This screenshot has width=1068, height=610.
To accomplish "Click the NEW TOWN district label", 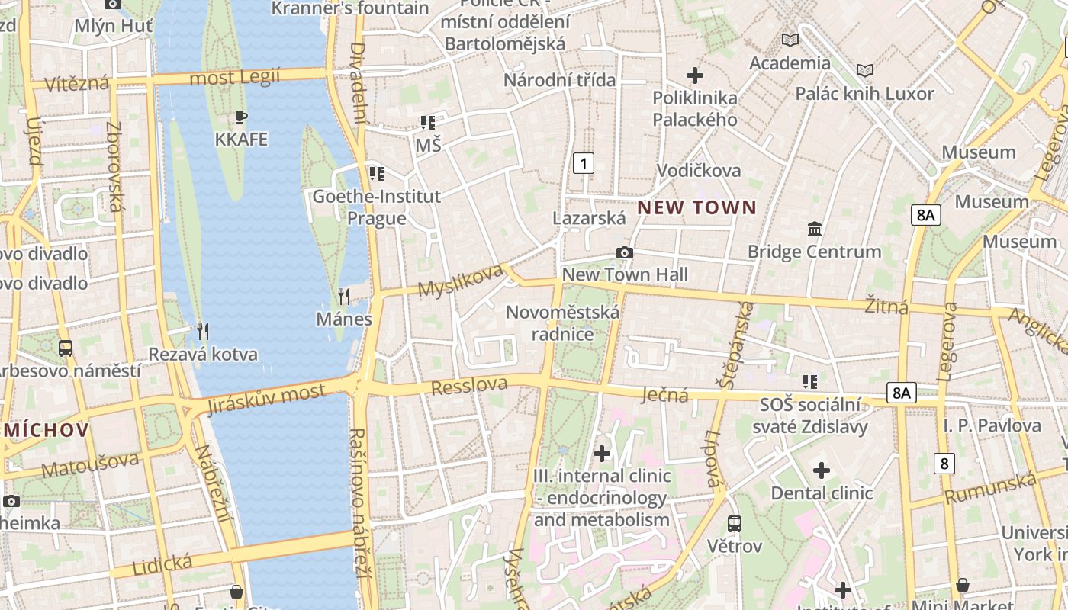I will pyautogui.click(x=696, y=207).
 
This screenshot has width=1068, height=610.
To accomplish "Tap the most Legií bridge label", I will pyautogui.click(x=234, y=77).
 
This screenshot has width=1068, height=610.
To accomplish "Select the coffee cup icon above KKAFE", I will pyautogui.click(x=241, y=117).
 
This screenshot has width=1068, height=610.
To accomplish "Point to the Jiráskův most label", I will pyautogui.click(x=266, y=398).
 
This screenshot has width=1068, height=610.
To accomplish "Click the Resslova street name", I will pyautogui.click(x=468, y=386).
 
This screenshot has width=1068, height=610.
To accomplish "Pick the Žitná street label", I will pyautogui.click(x=886, y=307).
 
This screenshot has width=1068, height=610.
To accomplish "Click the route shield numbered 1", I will pyautogui.click(x=584, y=162).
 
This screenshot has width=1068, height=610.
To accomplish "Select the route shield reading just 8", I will pyautogui.click(x=944, y=463).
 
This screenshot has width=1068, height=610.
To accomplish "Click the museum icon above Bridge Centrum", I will pyautogui.click(x=814, y=229).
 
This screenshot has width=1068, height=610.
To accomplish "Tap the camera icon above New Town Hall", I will pyautogui.click(x=625, y=253).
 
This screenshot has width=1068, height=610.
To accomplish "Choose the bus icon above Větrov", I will pyautogui.click(x=734, y=524).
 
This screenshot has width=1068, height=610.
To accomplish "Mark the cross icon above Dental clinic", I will pyautogui.click(x=821, y=470).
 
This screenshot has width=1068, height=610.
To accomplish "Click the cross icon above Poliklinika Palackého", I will pyautogui.click(x=694, y=75).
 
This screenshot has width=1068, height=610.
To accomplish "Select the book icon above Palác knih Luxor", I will pyautogui.click(x=864, y=71).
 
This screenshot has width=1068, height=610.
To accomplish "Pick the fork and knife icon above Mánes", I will pyautogui.click(x=344, y=297).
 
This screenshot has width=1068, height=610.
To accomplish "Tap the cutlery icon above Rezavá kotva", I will pyautogui.click(x=202, y=332).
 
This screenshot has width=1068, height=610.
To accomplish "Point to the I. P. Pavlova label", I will pyautogui.click(x=992, y=425).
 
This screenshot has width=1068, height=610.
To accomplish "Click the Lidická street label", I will pyautogui.click(x=162, y=565).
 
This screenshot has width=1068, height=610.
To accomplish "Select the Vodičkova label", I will pyautogui.click(x=698, y=170).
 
